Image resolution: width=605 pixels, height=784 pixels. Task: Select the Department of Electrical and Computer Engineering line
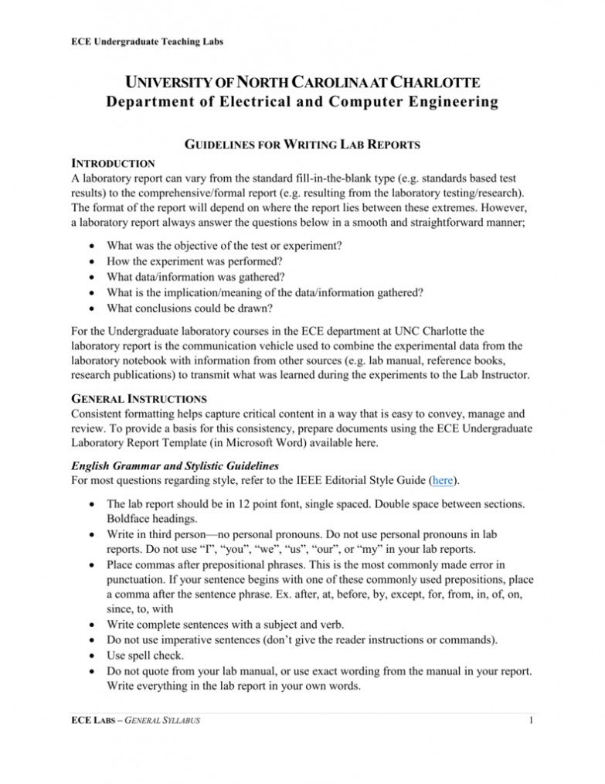coord(302,102)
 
